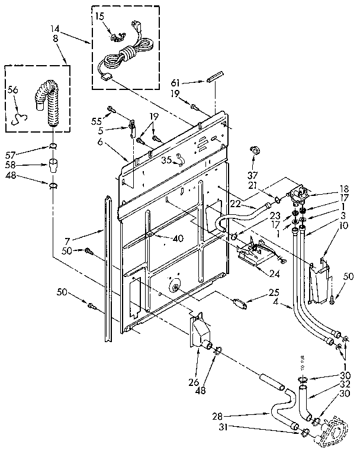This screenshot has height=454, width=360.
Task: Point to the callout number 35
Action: click(167, 159)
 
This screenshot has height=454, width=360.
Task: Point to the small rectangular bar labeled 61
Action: click(214, 77)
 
